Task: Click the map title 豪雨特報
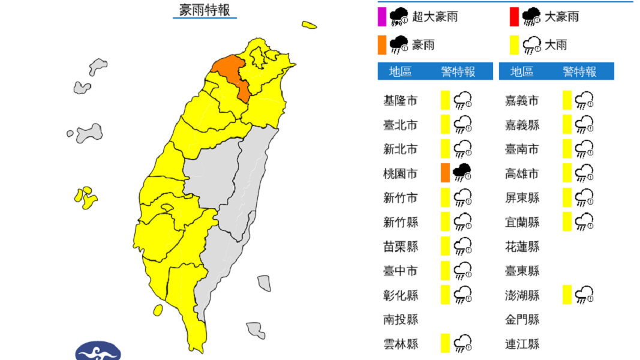[205, 10]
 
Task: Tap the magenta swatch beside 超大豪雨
[381, 17]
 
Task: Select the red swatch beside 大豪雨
[514, 17]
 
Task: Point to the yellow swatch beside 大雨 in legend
[514, 45]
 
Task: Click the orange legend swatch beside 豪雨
[381, 45]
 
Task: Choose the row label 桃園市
[400, 173]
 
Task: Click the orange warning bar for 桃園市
[444, 173]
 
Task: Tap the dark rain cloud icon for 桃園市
[462, 173]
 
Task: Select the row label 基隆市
[400, 100]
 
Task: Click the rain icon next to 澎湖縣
[584, 295]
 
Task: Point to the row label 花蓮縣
[522, 247]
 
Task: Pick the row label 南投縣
[400, 320]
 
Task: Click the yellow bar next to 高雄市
[567, 173]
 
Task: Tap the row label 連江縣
[522, 344]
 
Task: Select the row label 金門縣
[522, 320]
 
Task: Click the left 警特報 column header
[458, 72]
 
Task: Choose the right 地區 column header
[522, 72]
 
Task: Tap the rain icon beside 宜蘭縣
[584, 222]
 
